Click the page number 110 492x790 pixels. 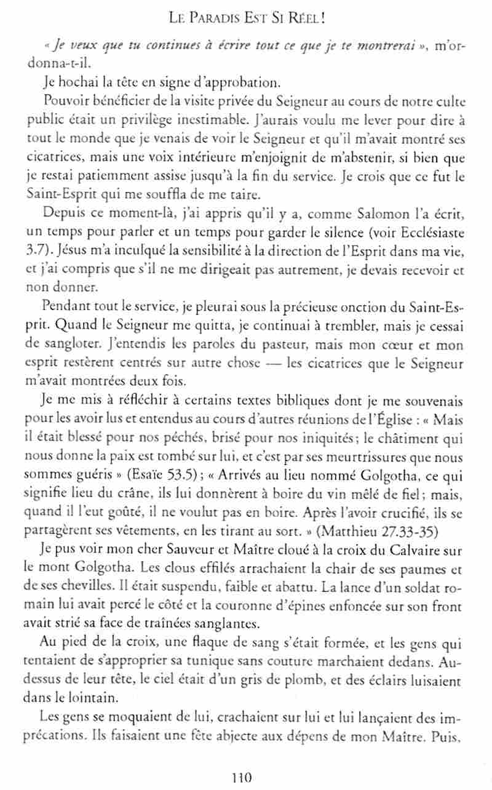pos(244,777)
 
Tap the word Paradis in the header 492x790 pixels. pos(221,20)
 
